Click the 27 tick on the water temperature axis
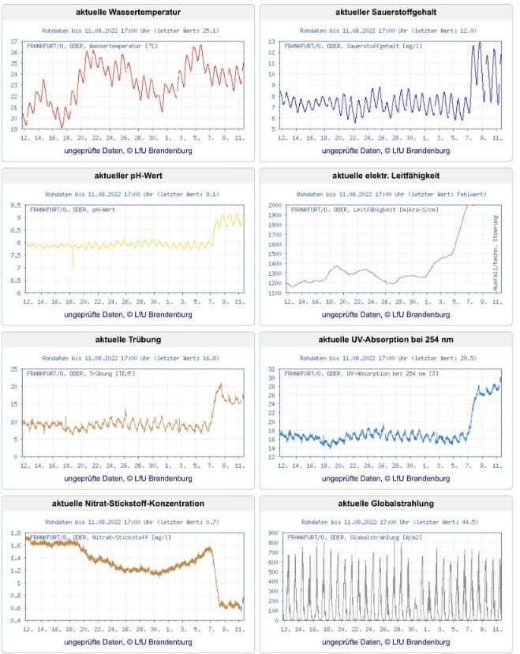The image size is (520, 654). pos(13,42)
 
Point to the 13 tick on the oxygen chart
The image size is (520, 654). pos(271,42)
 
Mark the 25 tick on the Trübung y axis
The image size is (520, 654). pos(13,370)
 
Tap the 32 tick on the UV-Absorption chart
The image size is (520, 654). pos(271,370)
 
